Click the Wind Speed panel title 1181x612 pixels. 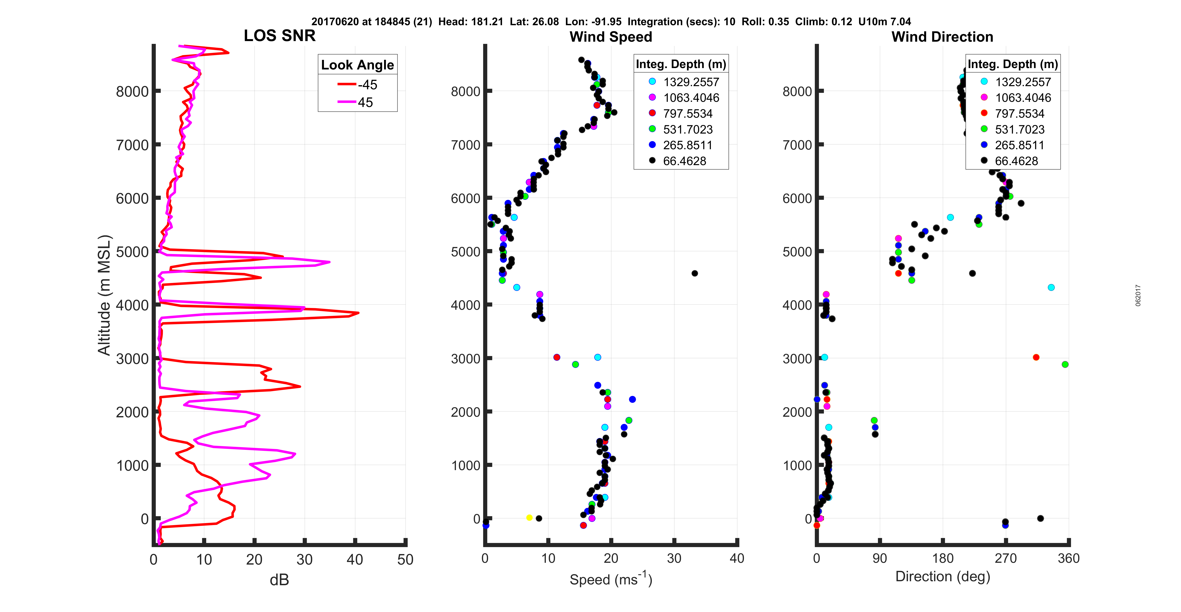611,37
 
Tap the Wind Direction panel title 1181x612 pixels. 942,37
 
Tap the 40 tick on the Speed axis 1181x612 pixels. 737,558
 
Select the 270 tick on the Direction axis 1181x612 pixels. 1005,558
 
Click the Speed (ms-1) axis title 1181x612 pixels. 611,579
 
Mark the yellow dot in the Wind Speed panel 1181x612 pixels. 529,518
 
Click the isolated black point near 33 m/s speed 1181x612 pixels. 695,273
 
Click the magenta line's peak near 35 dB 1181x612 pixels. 329,262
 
